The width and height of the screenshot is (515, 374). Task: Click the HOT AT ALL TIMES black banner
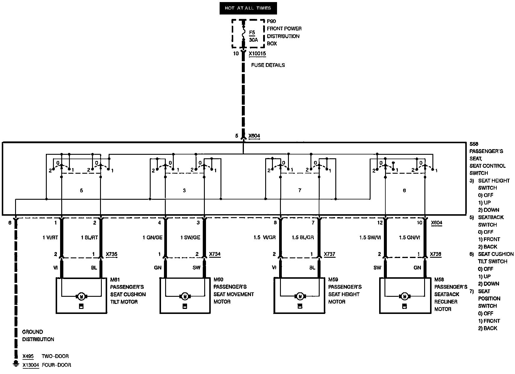point(248,8)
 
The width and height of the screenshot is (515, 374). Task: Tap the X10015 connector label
point(257,54)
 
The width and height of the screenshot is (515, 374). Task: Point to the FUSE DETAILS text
point(268,65)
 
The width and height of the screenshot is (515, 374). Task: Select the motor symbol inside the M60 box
point(185,296)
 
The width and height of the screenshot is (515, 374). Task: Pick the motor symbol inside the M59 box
point(300,296)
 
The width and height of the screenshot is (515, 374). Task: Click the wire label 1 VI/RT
point(50,238)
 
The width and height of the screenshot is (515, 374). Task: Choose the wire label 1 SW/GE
point(190,238)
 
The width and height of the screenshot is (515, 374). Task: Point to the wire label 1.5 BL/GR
point(302,238)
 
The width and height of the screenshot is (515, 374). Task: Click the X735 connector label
point(112,254)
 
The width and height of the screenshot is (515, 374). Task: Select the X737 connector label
point(329,254)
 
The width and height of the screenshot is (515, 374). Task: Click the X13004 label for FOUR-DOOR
point(31,365)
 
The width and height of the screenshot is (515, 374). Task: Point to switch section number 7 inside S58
point(300,190)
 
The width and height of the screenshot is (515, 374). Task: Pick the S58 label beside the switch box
point(474,144)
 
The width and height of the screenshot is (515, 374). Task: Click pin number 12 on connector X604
point(380,223)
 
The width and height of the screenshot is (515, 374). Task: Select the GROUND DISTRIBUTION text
point(38,336)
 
